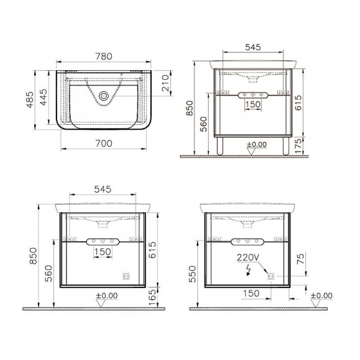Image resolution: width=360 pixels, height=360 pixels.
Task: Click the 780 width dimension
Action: [104, 56]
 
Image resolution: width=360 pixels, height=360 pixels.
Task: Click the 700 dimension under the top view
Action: [104, 143]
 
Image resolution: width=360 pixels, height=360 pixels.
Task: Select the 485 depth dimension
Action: [30, 100]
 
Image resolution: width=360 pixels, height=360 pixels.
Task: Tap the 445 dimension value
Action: [43, 97]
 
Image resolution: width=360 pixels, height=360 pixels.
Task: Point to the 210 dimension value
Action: [166, 83]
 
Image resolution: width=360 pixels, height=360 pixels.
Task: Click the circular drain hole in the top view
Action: [104, 96]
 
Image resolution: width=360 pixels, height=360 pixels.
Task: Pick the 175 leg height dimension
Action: [298, 146]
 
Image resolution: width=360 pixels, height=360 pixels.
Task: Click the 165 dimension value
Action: [152, 298]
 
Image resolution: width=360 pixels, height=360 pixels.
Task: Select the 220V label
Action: [248, 257]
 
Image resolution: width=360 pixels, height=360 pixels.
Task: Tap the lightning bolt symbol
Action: [248, 270]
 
